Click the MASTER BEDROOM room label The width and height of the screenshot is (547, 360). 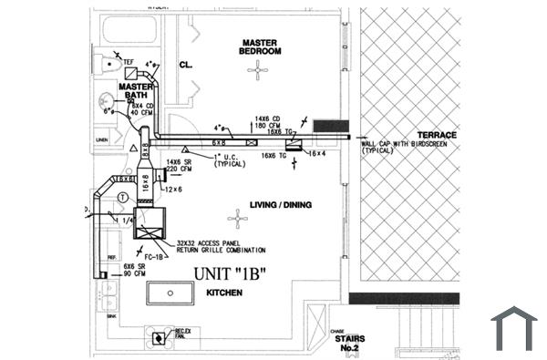[260, 47]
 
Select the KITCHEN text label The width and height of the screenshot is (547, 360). [223, 293]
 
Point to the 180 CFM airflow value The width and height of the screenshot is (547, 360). [266, 124]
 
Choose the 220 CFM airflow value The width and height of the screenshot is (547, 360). [179, 169]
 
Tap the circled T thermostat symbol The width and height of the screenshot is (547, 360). [122, 197]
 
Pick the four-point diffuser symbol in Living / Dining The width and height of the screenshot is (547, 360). [238, 218]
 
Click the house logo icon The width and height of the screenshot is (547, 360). [514, 328]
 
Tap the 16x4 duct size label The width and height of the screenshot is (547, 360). [315, 154]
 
